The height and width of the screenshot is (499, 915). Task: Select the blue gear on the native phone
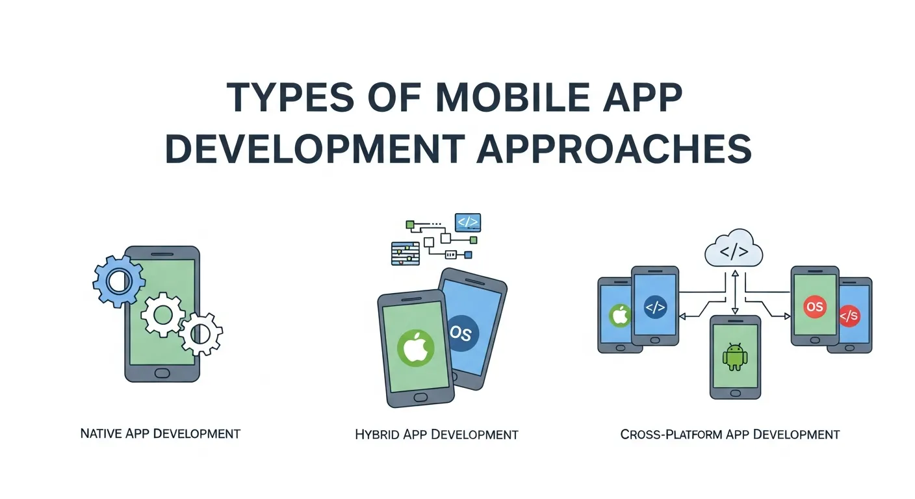point(119,281)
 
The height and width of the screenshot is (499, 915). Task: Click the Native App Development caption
point(160,433)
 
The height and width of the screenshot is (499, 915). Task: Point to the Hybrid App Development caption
point(436,434)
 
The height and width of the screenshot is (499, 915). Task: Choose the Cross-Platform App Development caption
point(730,434)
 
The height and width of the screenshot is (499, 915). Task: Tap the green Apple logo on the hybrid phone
point(415,350)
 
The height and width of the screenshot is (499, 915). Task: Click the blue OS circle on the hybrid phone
point(463,334)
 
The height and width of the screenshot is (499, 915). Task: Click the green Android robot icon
point(734,357)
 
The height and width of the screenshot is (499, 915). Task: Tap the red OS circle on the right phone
point(814,307)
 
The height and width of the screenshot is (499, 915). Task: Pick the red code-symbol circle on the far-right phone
point(849,316)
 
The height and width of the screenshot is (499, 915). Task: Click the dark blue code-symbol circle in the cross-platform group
point(655,307)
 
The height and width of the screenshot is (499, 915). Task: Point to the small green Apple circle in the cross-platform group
point(620,316)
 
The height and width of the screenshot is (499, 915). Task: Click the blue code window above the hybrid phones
point(468,222)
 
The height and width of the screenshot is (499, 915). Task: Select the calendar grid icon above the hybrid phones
point(406,253)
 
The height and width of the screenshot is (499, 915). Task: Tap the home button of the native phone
point(162,374)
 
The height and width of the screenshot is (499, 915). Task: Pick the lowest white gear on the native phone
point(201,333)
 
